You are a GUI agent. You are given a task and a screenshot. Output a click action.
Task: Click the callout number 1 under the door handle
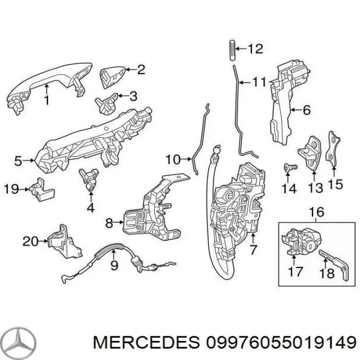pyautogui.click(x=47, y=101)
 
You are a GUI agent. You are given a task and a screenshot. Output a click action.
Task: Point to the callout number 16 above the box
pyautogui.click(x=316, y=211)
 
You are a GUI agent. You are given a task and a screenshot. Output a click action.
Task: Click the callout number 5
pyautogui.click(x=19, y=161)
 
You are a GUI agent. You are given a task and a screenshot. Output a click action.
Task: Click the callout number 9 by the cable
pyautogui.click(x=114, y=265)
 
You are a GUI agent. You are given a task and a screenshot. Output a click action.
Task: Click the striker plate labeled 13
pyautogui.click(x=311, y=150)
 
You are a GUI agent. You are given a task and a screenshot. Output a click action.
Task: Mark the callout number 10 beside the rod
pyautogui.click(x=173, y=159)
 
